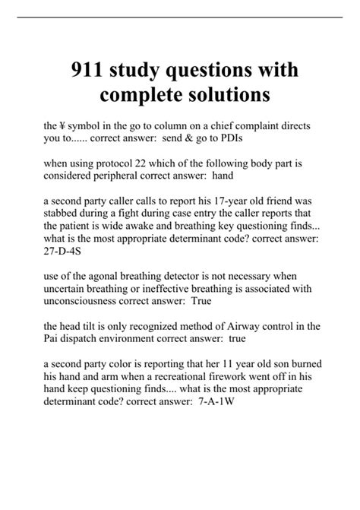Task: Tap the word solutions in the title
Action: [223, 97]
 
